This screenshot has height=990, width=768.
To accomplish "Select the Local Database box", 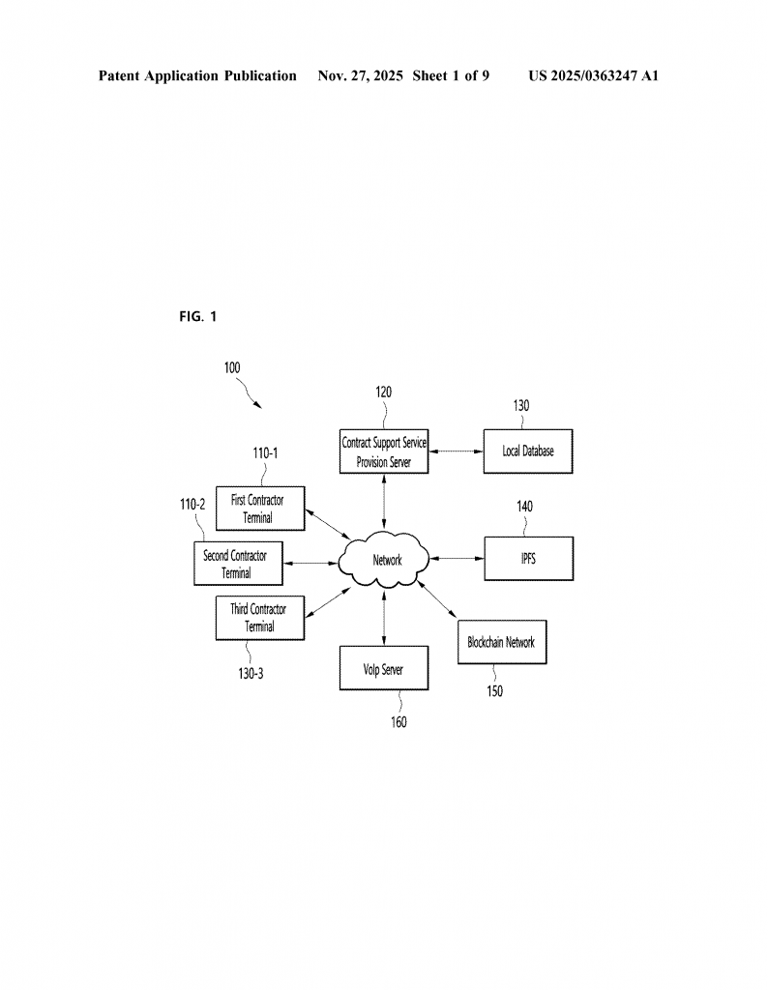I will click(528, 451).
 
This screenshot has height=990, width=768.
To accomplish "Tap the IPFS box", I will click(528, 559).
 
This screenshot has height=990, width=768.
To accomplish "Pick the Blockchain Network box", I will click(501, 642).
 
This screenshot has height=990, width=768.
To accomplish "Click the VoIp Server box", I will click(384, 668).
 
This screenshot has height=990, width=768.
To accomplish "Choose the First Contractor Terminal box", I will click(258, 509).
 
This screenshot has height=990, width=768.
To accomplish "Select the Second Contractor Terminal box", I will click(237, 564).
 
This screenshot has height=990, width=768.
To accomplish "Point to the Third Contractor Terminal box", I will click(258, 618).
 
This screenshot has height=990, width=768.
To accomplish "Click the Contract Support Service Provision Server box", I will click(384, 451).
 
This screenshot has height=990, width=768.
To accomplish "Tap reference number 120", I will click(384, 392).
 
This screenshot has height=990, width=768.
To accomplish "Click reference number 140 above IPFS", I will click(523, 506).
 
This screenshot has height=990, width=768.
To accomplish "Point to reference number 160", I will click(399, 722).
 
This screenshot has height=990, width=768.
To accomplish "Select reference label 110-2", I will click(192, 504).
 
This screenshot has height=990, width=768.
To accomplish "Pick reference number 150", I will click(493, 691).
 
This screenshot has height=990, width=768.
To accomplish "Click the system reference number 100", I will click(232, 367).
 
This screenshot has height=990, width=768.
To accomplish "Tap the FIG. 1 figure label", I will click(198, 317).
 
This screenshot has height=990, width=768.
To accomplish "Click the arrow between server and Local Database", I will click(456, 451).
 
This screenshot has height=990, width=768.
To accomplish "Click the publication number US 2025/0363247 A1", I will click(593, 75).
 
